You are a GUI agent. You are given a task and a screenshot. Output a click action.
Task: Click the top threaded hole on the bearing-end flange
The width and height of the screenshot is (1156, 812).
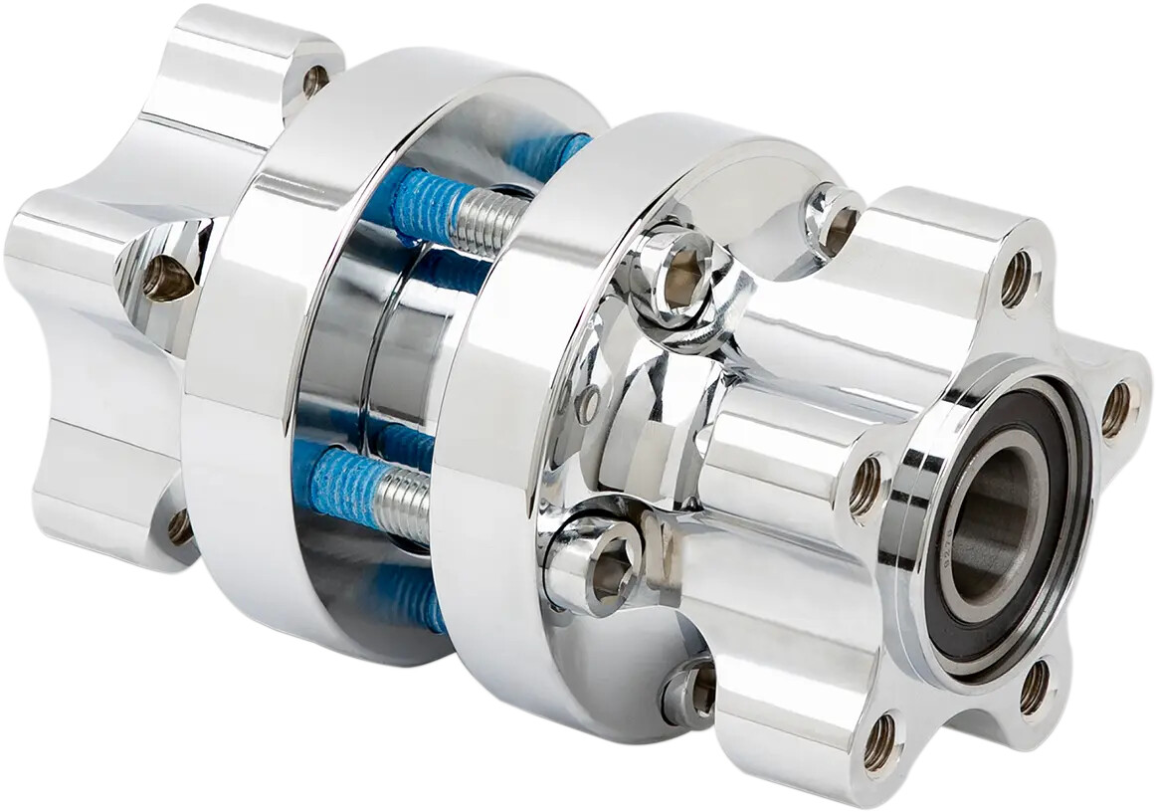1016,280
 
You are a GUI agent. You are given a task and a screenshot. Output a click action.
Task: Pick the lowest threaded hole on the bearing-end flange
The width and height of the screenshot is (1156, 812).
879,741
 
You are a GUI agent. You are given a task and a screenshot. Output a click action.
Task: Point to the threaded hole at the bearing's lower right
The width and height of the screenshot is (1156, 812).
1034,687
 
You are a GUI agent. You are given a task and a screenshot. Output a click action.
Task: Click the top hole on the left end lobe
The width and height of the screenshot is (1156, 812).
314,81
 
